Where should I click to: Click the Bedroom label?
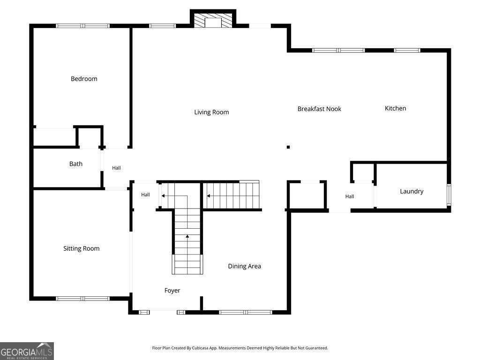pos(84,79)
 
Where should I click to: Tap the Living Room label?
pos(211,112)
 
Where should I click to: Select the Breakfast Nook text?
pos(319,109)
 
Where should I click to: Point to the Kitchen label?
pos(395,108)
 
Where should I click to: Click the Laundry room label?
pos(412,191)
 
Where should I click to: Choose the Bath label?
pos(75,164)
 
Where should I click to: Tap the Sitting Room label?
pos(82,248)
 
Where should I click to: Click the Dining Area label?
pos(244,266)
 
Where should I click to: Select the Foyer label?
pos(172,291)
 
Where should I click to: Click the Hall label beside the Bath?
pos(116,168)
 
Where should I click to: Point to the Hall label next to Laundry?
pos(350,196)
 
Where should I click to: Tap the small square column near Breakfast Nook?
pos(288,147)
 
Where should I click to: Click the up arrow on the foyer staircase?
pos(187,236)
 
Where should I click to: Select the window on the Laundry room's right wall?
pos(449,195)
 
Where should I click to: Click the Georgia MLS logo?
pos(27,351)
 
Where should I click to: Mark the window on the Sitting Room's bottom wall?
pos(82,299)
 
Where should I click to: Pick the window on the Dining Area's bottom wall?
pos(246,313)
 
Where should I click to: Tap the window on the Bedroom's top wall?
pos(82,26)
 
